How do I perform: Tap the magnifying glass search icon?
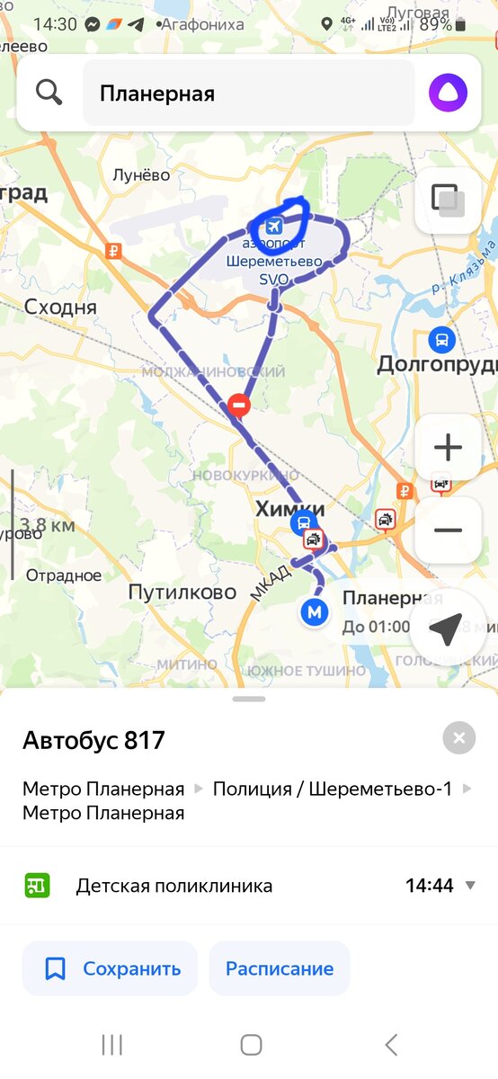coord(49,92)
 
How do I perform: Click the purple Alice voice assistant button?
coord(448,93)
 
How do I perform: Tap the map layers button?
coord(448,201)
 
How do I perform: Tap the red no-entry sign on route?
coord(238,405)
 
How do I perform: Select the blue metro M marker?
coord(314,612)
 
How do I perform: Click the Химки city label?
coord(289,509)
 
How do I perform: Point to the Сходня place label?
coord(59,307)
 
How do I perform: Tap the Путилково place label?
coord(182,592)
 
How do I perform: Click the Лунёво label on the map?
coord(141,175)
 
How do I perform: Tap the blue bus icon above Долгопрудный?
coord(441,340)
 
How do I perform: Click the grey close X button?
coord(458,739)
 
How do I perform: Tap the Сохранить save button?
coord(110,968)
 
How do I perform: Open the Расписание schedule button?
coord(280,968)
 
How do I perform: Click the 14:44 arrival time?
coord(430,886)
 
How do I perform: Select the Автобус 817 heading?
coord(93,740)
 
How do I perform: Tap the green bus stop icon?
coord(37,886)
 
